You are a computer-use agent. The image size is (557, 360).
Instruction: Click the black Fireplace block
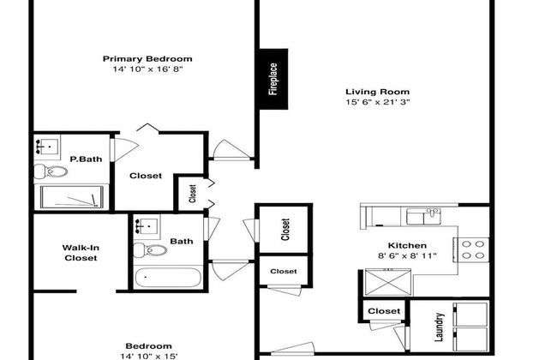pos(273,79)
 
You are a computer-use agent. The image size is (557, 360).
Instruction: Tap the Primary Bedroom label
pos(147,58)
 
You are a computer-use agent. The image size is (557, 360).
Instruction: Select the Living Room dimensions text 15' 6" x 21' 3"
pos(378,102)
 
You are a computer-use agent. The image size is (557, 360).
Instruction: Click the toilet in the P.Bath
pos(51,171)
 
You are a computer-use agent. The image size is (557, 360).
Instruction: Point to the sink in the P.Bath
pos(47,147)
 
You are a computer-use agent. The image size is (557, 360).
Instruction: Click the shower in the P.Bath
pos(72,197)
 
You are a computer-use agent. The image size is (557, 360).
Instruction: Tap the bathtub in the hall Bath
pos(168,278)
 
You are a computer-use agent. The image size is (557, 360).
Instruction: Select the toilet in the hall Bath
pos(150,250)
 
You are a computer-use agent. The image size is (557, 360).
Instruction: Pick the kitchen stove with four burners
pos(471,249)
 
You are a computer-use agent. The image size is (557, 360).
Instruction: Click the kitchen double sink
pos(423,216)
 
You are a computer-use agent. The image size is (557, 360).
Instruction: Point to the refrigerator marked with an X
pos(388,283)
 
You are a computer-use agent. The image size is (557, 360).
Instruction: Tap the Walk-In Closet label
pos(81,253)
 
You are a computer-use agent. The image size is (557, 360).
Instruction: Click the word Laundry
pos(440,327)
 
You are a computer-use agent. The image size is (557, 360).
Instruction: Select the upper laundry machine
pos(471,314)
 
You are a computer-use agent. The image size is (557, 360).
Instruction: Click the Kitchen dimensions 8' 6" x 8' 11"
pos(407,255)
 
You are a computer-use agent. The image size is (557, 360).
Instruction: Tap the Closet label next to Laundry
pos(384,311)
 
